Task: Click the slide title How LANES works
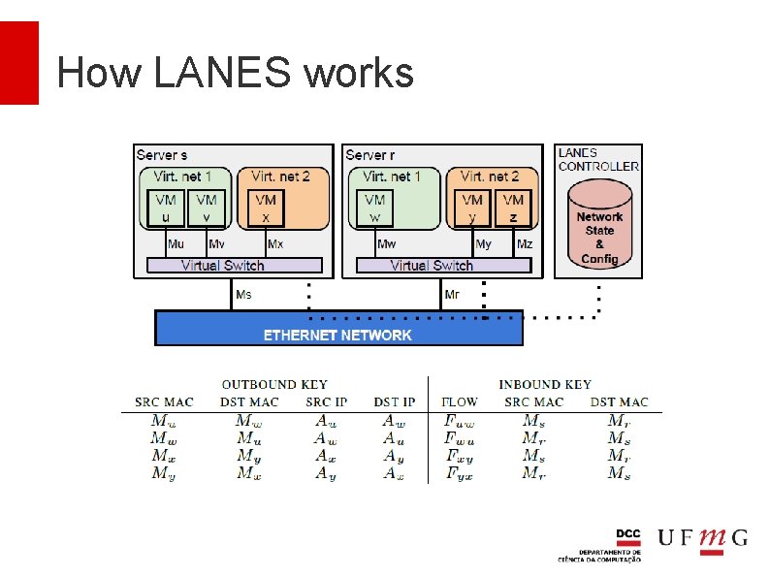pos(235,73)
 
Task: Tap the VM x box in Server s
pos(266,208)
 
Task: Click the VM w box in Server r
pos(374,208)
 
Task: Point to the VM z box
pos(513,208)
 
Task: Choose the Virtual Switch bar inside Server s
pos(234,265)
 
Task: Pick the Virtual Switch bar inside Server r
pos(443,265)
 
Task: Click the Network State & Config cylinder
pos(599,232)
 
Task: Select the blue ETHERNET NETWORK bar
pos(338,329)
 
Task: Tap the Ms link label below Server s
pos(243,295)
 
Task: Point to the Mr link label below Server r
pos(452,295)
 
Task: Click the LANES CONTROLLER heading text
pos(598,159)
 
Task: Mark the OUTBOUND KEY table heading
pos(274,385)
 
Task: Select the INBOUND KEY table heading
pos(544,385)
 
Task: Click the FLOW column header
pos(460,401)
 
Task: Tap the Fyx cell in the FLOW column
pos(460,473)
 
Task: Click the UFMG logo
pos(702,539)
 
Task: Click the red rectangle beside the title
pos(19,63)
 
